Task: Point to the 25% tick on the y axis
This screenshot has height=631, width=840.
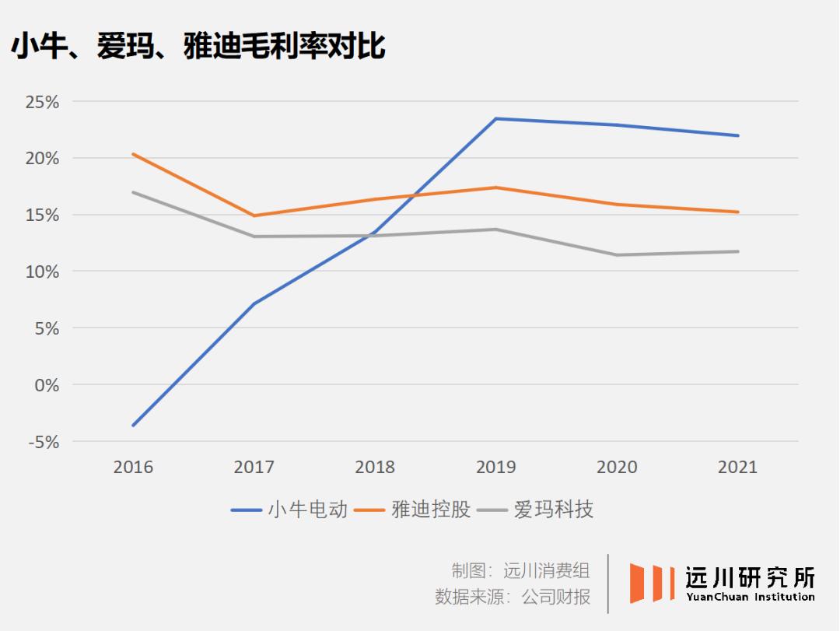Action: click(x=43, y=102)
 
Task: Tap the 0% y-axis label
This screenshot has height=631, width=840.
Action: click(x=46, y=385)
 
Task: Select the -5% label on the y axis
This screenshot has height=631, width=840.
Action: click(x=43, y=442)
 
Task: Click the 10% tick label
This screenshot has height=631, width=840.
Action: click(x=43, y=272)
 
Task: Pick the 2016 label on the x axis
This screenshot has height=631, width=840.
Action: click(x=133, y=467)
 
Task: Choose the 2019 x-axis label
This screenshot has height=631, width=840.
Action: click(x=495, y=467)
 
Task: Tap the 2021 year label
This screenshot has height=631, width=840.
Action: click(x=737, y=467)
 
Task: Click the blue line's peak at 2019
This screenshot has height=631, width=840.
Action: click(x=496, y=119)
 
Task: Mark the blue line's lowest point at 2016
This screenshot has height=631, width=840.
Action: click(x=134, y=426)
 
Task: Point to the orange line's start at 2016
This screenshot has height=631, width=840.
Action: click(x=134, y=154)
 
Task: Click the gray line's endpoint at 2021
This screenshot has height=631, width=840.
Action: click(x=737, y=251)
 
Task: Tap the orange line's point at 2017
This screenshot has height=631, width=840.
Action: click(x=254, y=216)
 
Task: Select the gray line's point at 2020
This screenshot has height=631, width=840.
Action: click(x=617, y=254)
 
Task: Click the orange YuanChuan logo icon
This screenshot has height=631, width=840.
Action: click(x=652, y=583)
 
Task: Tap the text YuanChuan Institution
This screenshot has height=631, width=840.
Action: click(x=751, y=598)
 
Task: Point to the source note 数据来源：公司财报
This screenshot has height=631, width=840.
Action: click(x=513, y=597)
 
